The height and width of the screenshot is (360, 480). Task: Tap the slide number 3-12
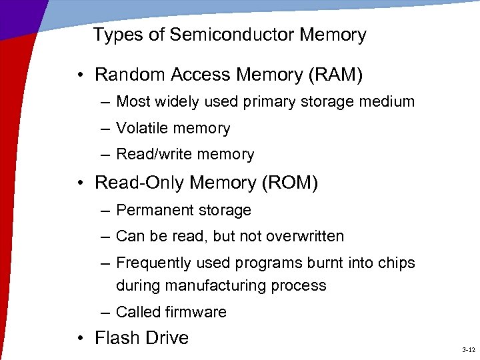click(x=467, y=350)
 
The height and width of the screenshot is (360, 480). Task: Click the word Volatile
click(x=141, y=128)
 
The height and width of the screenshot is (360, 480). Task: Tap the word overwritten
click(x=305, y=236)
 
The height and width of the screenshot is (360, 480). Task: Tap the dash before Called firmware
click(x=107, y=312)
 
